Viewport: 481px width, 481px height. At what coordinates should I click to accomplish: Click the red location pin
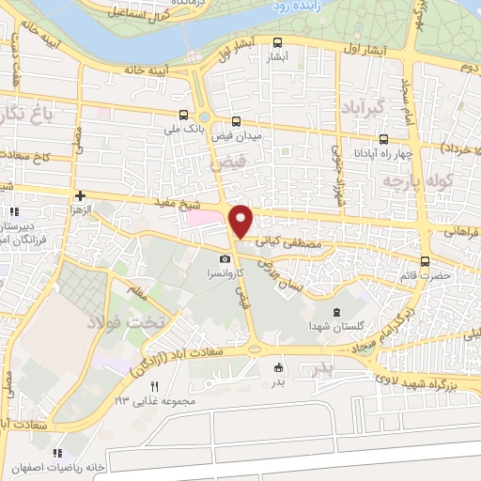point(241,220)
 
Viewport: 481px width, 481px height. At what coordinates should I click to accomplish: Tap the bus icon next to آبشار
point(276,42)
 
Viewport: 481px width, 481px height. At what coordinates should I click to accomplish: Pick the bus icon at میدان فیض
point(236,120)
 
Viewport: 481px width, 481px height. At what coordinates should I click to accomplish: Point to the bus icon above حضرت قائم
point(426,261)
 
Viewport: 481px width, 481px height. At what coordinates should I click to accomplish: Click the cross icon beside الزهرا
point(81,196)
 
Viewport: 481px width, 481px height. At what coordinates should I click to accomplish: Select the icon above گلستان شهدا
point(336,312)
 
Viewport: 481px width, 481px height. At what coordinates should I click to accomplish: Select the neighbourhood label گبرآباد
point(363,102)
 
